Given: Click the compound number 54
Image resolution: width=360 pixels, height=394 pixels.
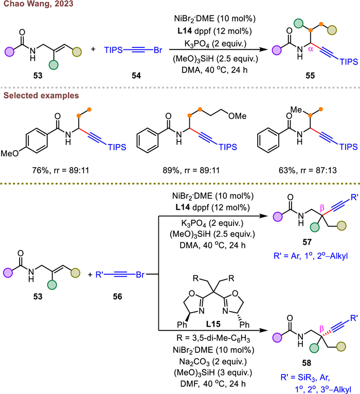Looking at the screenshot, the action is (x=136, y=76).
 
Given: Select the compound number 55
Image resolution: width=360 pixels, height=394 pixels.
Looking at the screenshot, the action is (x=310, y=76).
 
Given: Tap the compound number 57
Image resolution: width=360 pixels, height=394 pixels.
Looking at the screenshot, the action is (x=307, y=242).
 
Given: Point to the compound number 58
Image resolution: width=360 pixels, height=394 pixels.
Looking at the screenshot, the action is (x=307, y=363).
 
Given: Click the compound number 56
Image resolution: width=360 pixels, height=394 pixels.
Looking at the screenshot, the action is (x=117, y=296).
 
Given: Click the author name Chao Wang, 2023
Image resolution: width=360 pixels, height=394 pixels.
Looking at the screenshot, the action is (x=38, y=4).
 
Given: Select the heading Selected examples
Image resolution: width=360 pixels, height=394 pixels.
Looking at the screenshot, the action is (x=41, y=96).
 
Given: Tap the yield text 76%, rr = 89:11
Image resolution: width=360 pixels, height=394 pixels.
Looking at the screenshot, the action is (x=61, y=170).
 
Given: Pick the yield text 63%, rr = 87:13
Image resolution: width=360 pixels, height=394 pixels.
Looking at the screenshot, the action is (x=308, y=170).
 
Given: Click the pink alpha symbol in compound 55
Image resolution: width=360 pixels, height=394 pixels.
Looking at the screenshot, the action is (x=311, y=49).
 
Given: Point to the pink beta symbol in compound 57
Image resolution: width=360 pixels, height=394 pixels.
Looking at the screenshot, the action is (x=322, y=208).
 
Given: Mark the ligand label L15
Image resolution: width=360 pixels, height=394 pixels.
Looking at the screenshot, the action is (x=213, y=324).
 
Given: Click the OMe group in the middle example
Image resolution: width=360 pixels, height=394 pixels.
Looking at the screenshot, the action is (x=238, y=116).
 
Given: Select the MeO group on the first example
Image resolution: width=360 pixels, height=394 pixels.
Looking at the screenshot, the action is (x=10, y=153).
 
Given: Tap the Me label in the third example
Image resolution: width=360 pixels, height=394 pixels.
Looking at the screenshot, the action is (x=296, y=110).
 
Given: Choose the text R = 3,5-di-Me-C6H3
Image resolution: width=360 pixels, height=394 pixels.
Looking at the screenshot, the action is (x=213, y=338).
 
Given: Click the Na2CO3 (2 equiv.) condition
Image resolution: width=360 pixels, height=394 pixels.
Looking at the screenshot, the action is (x=213, y=362).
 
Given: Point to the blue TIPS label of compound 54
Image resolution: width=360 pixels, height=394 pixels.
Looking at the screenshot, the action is (x=113, y=50).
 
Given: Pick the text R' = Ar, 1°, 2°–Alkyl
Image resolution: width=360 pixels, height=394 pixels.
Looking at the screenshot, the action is (x=311, y=256).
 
